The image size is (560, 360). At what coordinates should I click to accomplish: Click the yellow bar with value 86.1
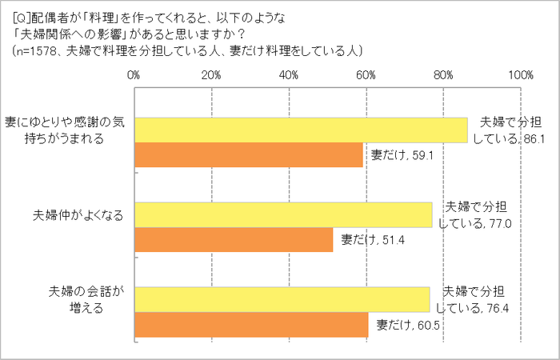(x=300, y=130)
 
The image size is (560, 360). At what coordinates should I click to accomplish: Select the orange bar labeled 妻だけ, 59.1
(x=248, y=155)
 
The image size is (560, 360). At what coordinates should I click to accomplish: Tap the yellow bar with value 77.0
(x=282, y=214)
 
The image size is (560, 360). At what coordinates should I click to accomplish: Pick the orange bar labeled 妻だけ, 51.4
(x=233, y=239)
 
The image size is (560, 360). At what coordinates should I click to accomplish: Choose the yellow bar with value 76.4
(x=282, y=299)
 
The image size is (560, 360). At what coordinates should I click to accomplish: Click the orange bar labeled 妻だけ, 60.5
(x=250, y=325)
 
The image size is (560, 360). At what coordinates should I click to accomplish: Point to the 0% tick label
(x=134, y=75)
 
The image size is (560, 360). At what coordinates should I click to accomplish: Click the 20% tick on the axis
(x=211, y=75)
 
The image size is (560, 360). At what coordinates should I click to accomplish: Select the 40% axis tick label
(x=289, y=75)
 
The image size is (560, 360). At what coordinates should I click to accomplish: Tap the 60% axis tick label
(x=366, y=75)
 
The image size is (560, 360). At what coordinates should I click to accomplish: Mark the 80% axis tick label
(x=444, y=75)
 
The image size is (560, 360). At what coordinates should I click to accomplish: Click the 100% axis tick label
(x=521, y=75)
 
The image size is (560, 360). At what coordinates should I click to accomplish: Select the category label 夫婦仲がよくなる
(x=78, y=216)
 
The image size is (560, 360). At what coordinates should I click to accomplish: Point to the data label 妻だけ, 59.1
(x=401, y=154)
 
